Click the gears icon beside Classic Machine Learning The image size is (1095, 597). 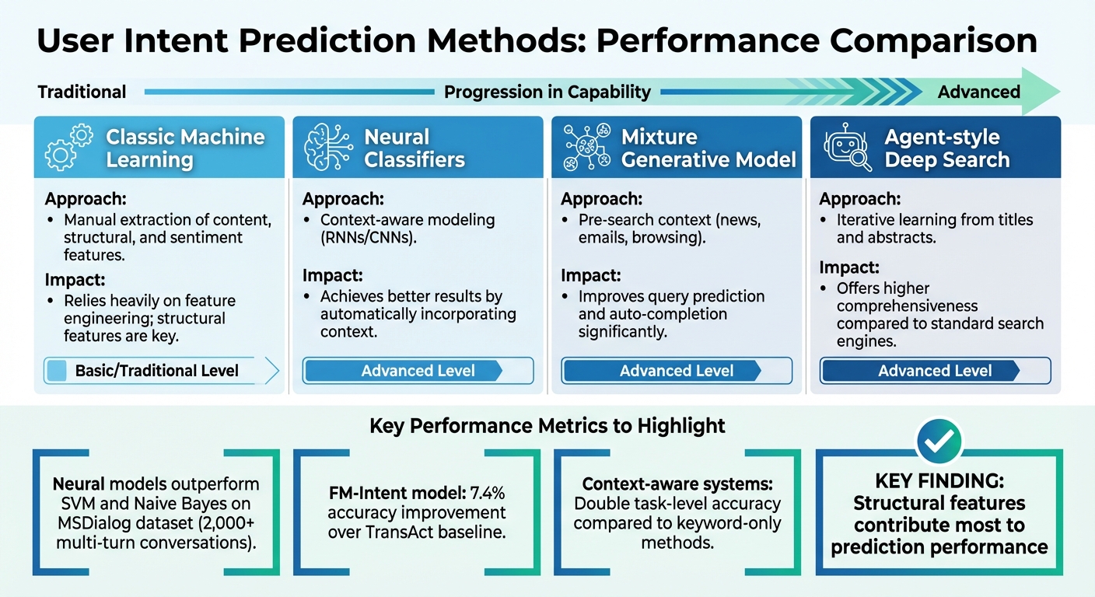pos(68,148)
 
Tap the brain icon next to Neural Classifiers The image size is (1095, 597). pos(326,148)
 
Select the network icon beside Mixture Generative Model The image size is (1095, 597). pos(584,148)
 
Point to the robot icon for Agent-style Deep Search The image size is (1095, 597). pos(845,148)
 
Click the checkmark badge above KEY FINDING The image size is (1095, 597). pos(939,441)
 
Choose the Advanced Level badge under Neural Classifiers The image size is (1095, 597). pos(418,371)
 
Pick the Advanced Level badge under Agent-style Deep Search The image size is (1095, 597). pos(935,371)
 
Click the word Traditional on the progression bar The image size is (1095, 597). pos(82,92)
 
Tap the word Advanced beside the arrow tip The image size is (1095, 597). pos(978,92)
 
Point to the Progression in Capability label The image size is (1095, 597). pos(547,92)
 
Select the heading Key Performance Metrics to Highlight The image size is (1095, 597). pos(547,425)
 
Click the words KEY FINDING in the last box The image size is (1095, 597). pos(939,482)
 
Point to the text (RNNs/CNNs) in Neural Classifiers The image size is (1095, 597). pos(368,239)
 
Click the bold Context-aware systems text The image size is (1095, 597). pos(676,484)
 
